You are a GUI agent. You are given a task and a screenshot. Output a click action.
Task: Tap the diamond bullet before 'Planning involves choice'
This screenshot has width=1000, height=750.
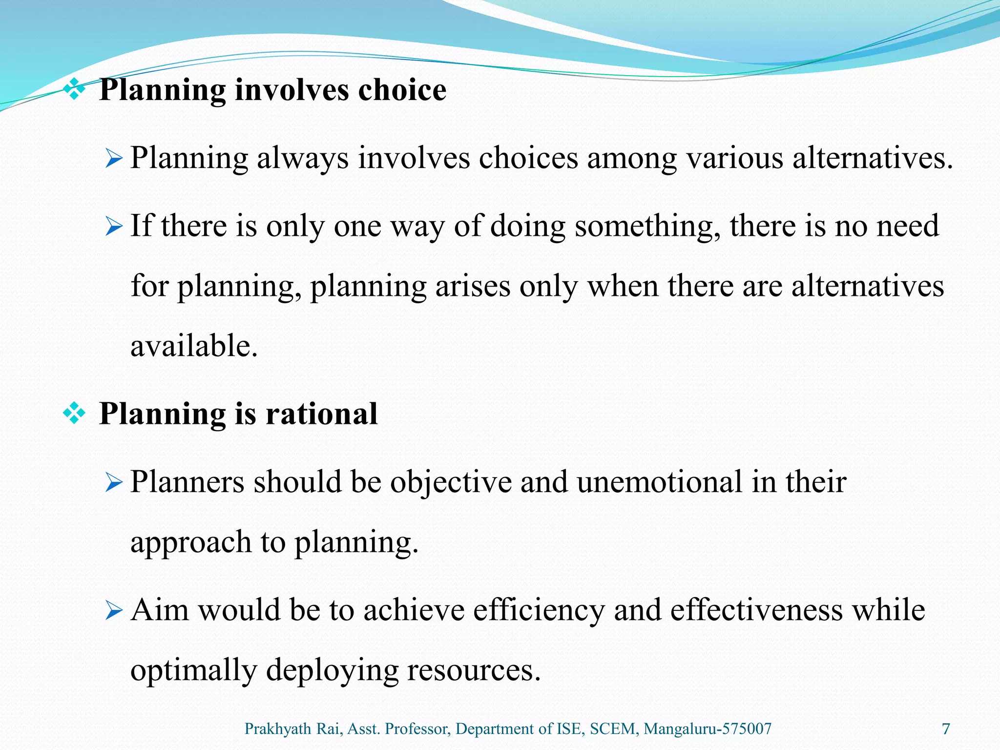(x=74, y=90)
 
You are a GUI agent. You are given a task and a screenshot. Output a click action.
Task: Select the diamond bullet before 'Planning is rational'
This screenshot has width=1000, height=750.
(x=74, y=414)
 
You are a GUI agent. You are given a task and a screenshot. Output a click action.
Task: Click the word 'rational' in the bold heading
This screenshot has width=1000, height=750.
(x=321, y=414)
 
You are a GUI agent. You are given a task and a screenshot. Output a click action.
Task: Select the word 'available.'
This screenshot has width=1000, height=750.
(x=194, y=346)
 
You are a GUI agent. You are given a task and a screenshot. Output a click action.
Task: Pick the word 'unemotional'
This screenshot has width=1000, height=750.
(x=659, y=482)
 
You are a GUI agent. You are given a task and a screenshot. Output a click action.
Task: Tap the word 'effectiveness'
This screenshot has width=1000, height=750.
(x=756, y=610)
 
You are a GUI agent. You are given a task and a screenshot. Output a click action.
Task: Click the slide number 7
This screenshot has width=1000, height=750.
(x=946, y=729)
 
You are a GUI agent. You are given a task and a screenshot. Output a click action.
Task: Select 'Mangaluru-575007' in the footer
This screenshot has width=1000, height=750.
(x=708, y=729)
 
